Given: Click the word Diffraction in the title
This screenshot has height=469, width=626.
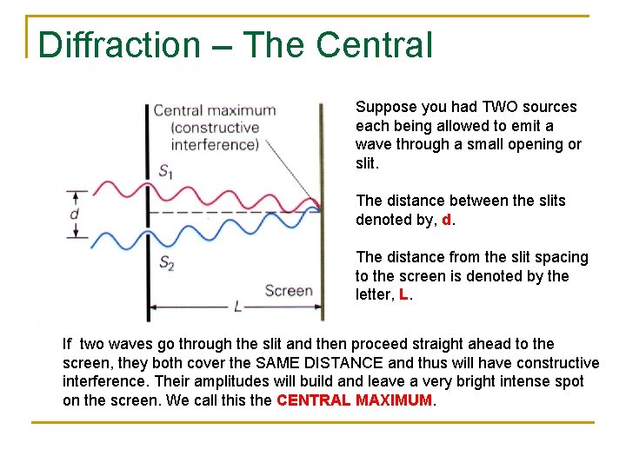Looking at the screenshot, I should tap(119, 45).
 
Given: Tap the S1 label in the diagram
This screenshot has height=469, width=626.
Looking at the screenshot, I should tap(165, 171).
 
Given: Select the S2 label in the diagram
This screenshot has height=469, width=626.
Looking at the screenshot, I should tap(166, 261).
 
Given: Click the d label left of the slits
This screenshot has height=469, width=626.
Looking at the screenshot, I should tap(75, 214).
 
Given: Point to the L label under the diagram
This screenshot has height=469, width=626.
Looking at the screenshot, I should tap(237, 307).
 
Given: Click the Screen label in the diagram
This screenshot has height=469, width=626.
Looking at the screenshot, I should tap(288, 290).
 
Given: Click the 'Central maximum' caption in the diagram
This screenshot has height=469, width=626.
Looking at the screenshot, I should tap(214, 111).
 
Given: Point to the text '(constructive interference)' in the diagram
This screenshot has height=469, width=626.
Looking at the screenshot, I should tap(215, 136).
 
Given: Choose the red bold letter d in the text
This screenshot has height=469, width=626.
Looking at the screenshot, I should tap(447, 220).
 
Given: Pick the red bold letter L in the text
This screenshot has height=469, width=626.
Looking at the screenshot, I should tap(403, 295).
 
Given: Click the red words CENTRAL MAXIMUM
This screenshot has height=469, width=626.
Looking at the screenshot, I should tap(354, 400).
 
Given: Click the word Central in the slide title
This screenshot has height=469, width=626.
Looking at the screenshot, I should tap(375, 45).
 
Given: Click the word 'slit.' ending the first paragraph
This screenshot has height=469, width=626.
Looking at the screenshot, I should tap(367, 163).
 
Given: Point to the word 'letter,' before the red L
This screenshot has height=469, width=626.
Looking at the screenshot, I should tap(375, 295).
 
